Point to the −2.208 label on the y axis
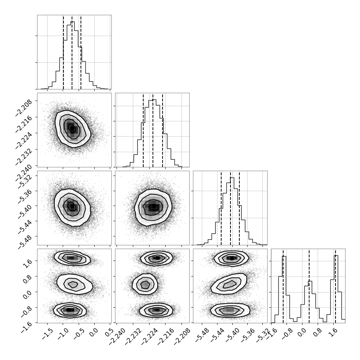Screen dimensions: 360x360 click(23, 108)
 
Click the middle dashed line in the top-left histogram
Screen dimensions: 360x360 click(72, 52)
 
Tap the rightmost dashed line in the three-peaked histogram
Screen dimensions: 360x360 click(335, 286)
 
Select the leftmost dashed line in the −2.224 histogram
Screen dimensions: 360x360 click(143, 130)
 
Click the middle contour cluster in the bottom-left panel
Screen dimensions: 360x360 click(75, 284)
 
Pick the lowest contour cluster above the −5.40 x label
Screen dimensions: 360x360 click(230, 310)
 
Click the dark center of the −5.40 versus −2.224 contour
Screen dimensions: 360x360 click(153, 207)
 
